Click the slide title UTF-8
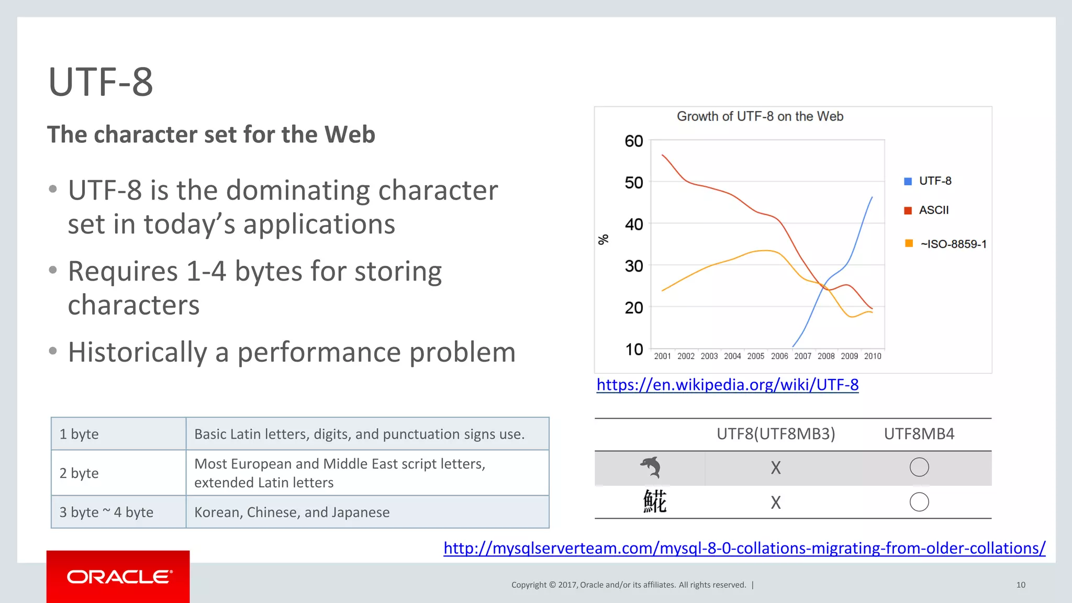[x=100, y=82]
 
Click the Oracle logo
[x=119, y=577]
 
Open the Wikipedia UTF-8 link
[x=727, y=385]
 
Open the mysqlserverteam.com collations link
[x=744, y=548]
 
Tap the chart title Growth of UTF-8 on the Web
[x=760, y=116]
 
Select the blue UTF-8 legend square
[x=908, y=181]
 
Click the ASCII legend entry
[x=933, y=210]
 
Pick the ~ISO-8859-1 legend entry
[x=953, y=244]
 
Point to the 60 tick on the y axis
[x=633, y=141]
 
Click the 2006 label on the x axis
[x=779, y=356]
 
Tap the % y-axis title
[x=604, y=239]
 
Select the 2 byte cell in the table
[x=79, y=473]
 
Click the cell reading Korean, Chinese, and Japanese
[x=292, y=512]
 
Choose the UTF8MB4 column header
[x=919, y=434]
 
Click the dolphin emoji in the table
[x=651, y=467]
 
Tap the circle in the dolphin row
[x=919, y=467]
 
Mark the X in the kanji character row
[x=776, y=502]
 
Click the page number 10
[x=1021, y=585]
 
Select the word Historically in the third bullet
[x=138, y=352]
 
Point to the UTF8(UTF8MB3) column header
[x=776, y=434]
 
